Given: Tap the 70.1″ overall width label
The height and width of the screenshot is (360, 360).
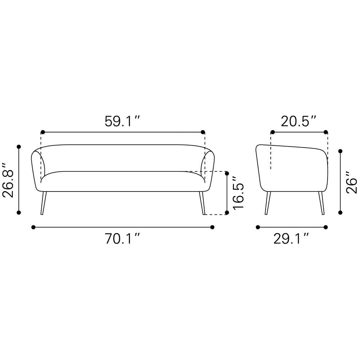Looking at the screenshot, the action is [123, 239].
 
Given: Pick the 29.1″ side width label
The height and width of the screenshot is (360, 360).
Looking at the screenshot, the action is [291, 239].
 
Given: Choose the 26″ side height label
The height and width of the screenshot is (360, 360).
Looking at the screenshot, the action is [351, 183].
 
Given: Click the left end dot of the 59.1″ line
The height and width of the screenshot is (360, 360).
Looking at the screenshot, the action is [43, 132].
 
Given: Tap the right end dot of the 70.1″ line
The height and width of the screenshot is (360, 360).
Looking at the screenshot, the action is [212, 227].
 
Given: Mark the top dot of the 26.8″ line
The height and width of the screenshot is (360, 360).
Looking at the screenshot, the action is [19, 147].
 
